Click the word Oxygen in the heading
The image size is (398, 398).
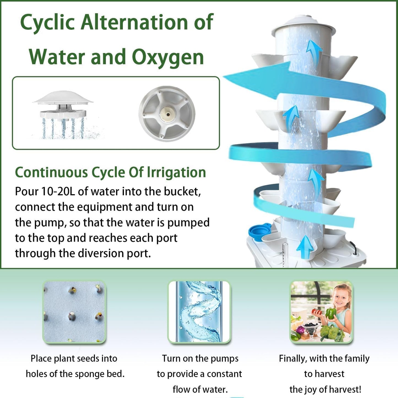pos(167,57)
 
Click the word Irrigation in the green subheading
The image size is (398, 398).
pos(176,172)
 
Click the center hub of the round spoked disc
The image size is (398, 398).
pos(167,113)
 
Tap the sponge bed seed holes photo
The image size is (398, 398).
pos(74,312)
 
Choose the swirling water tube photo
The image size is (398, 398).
pos(199,312)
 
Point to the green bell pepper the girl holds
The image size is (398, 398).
pos(331,313)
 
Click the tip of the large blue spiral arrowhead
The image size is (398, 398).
pos(224,77)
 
